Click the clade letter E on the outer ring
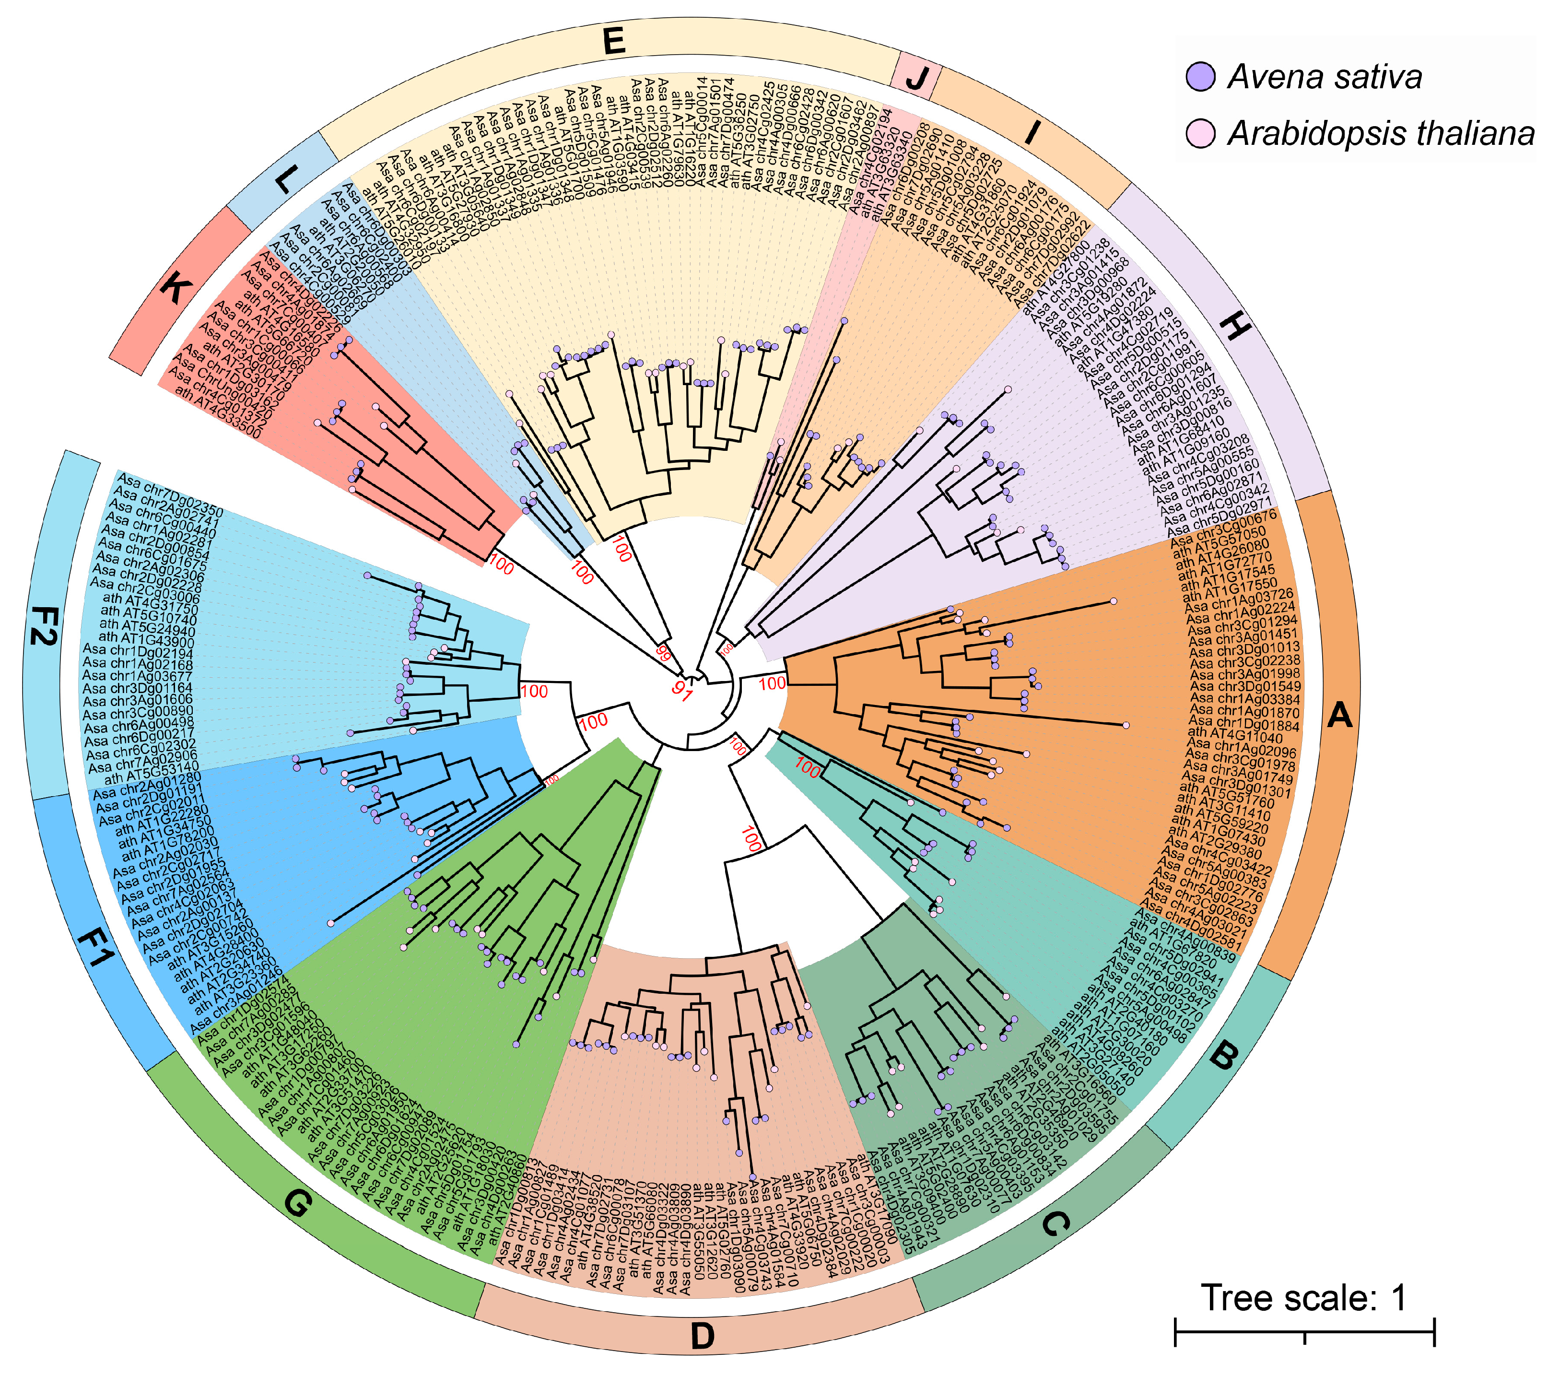pyautogui.click(x=614, y=41)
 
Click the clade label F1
pyautogui.click(x=95, y=947)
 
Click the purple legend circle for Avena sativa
pyautogui.click(x=1200, y=76)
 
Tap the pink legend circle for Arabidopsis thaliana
pyautogui.click(x=1200, y=133)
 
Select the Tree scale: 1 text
pyautogui.click(x=1303, y=1298)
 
